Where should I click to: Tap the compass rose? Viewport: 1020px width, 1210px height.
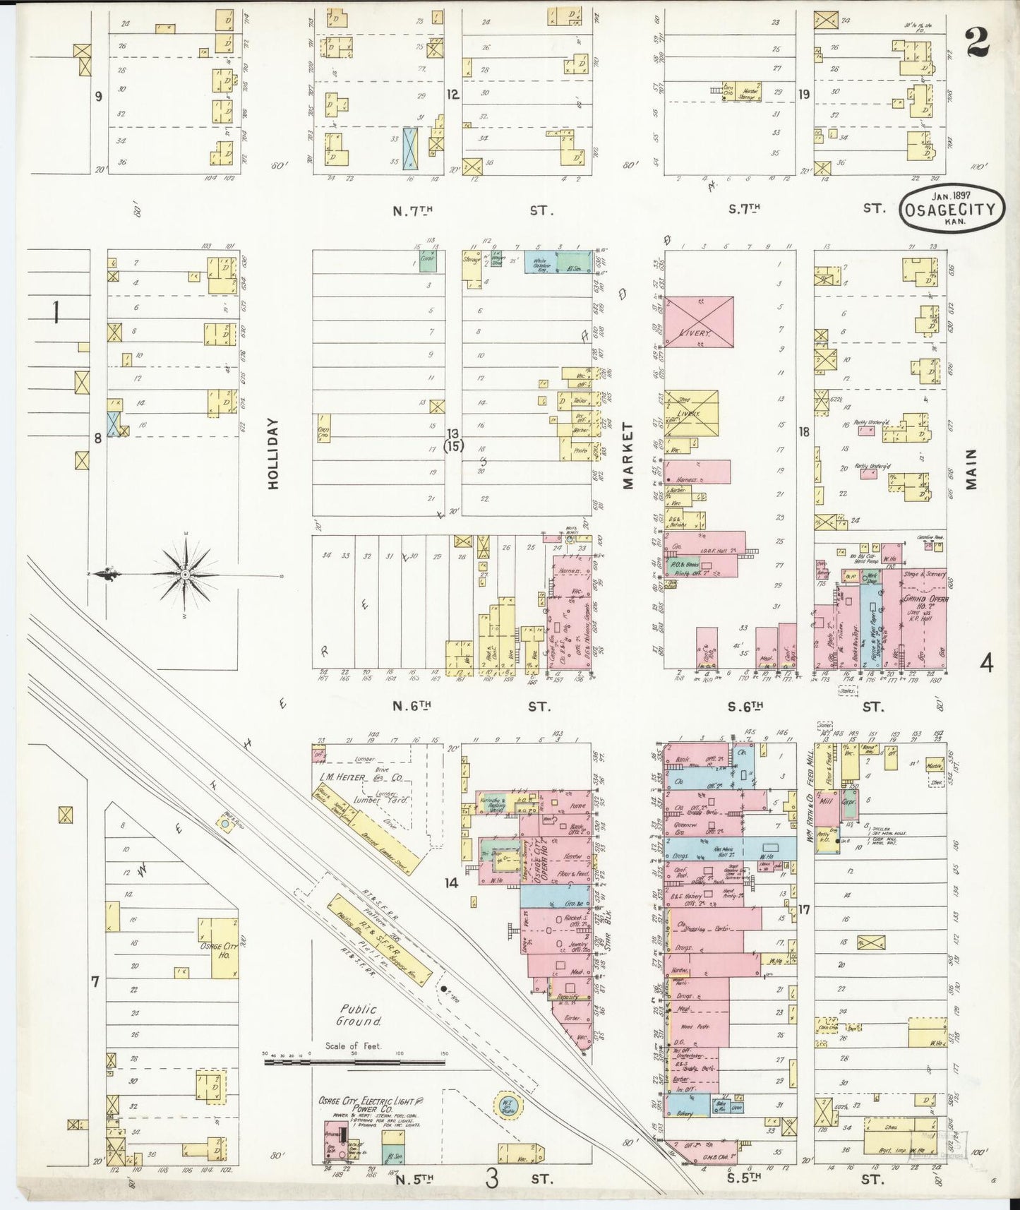pyautogui.click(x=185, y=575)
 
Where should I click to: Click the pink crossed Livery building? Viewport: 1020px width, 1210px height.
pyautogui.click(x=699, y=322)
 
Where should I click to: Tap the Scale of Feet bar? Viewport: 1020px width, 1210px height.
pyautogui.click(x=355, y=1060)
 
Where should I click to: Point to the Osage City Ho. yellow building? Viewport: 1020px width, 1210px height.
pyautogui.click(x=224, y=947)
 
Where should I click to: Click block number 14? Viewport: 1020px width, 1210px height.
pyautogui.click(x=452, y=882)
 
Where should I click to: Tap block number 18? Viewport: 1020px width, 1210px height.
pyautogui.click(x=803, y=431)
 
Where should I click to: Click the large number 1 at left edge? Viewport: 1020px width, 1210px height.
pyautogui.click(x=55, y=311)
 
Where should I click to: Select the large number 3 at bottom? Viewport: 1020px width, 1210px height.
pyautogui.click(x=492, y=1178)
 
